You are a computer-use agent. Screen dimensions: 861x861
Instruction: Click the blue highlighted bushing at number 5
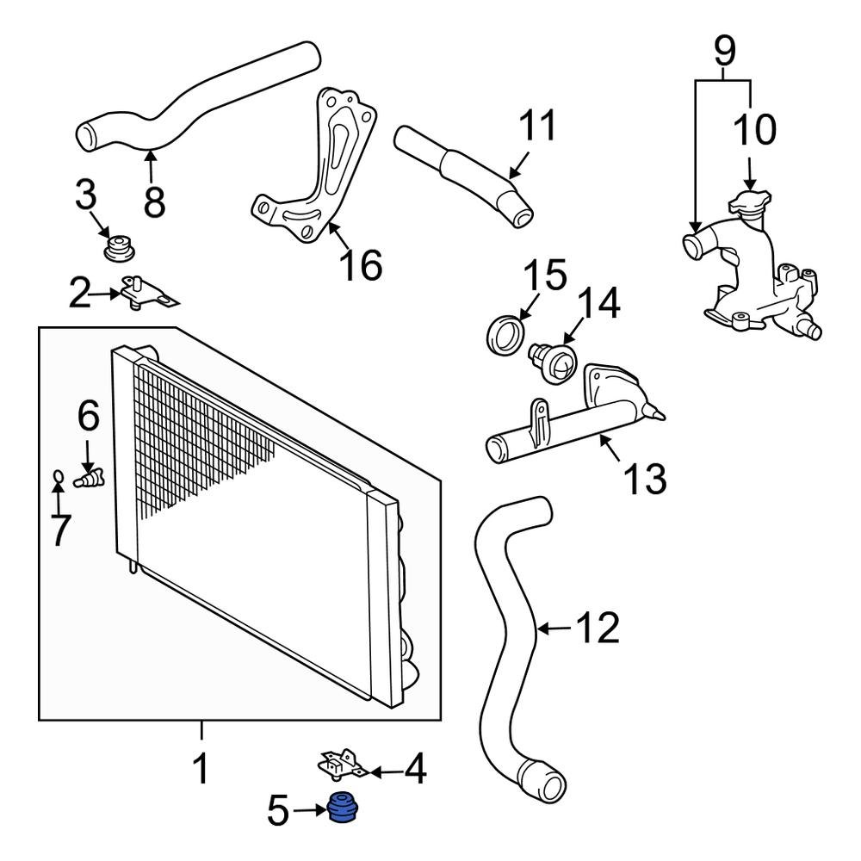coord(344,809)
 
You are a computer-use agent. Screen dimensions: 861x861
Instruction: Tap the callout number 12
coord(598,629)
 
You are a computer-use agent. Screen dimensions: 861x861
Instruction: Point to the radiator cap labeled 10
coord(747,204)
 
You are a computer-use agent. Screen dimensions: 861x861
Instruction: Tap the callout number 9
coord(725,52)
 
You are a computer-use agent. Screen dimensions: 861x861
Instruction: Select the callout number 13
coord(644,478)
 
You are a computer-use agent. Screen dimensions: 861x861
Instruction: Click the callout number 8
coord(153,201)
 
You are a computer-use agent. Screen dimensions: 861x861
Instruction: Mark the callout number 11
coord(536,127)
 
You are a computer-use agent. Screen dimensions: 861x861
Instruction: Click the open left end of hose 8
coord(86,136)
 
